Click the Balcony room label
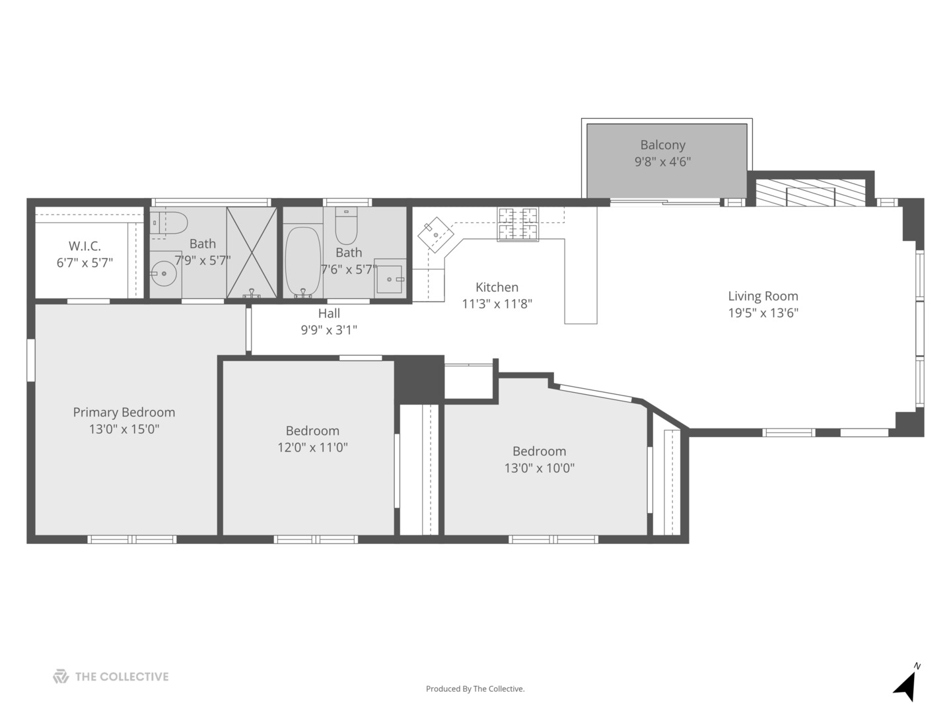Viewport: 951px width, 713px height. pyautogui.click(x=662, y=145)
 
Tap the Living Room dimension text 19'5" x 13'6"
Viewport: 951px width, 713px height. pyautogui.click(x=763, y=313)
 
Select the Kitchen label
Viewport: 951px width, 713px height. pyautogui.click(x=497, y=287)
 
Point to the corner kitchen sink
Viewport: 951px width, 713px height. pyautogui.click(x=435, y=234)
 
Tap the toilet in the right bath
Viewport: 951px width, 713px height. pyautogui.click(x=346, y=226)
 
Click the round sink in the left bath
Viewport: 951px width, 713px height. pyautogui.click(x=163, y=273)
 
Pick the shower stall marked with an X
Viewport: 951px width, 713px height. pyautogui.click(x=252, y=253)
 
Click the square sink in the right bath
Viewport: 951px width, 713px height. pyautogui.click(x=390, y=279)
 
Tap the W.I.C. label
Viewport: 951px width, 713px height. pyautogui.click(x=85, y=246)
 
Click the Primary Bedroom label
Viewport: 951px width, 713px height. pyautogui.click(x=124, y=413)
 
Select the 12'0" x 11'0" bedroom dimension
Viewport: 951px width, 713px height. pyautogui.click(x=312, y=448)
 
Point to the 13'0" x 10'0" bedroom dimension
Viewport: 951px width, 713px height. pyautogui.click(x=539, y=468)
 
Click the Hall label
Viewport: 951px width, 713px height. pyautogui.click(x=329, y=314)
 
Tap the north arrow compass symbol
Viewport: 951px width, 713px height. pyautogui.click(x=906, y=685)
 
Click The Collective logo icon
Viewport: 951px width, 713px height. pyautogui.click(x=61, y=677)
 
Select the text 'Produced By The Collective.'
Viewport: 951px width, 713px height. pyautogui.click(x=475, y=689)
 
